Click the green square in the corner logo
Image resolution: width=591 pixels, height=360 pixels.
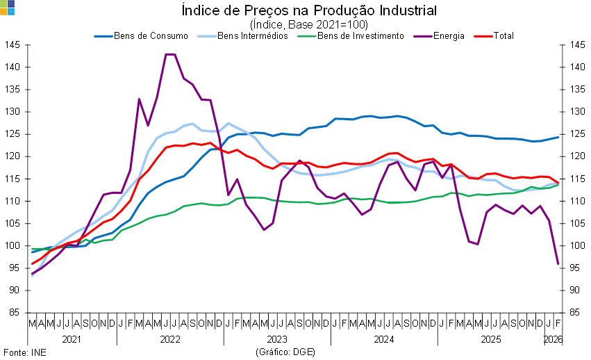click(3, 3)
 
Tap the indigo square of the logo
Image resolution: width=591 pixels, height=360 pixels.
click(11, 3)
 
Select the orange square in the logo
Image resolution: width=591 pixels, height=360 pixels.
click(3, 11)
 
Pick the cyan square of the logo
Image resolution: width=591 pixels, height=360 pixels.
click(11, 11)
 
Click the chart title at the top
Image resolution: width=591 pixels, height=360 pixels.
click(309, 10)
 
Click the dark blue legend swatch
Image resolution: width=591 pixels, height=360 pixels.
click(103, 35)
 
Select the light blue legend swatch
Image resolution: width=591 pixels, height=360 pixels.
click(207, 35)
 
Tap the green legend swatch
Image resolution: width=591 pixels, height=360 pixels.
click(306, 35)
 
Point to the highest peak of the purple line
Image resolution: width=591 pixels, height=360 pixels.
click(169, 54)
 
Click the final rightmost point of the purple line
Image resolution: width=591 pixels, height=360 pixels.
click(559, 264)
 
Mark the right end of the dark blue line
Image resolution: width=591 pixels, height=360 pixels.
click(559, 137)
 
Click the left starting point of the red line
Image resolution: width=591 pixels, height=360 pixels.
click(32, 264)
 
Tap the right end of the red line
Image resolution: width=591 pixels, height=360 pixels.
click(559, 183)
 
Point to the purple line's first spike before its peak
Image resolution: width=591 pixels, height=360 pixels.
click(139, 99)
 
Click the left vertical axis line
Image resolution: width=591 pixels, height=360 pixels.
click(28, 195)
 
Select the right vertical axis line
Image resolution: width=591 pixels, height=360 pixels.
click(564, 195)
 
